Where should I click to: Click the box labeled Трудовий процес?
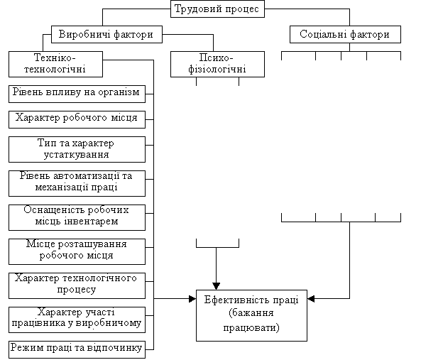(217, 9)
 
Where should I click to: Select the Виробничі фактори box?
(106, 35)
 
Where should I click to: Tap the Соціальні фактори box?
(345, 35)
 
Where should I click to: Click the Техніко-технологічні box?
(55, 64)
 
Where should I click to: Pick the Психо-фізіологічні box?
(217, 64)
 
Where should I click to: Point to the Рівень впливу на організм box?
(77, 94)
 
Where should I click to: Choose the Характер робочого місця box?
(77, 119)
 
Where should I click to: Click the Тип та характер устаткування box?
(77, 150)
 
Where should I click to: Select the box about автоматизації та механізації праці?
(77, 183)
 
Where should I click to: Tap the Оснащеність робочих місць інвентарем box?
(77, 217)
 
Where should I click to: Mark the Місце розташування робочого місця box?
(77, 252)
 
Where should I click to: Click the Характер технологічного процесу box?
(77, 285)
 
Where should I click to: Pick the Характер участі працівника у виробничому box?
(77, 320)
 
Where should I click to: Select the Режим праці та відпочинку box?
(77, 350)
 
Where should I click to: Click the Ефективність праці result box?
(251, 316)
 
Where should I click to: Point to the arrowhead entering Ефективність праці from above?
(216, 286)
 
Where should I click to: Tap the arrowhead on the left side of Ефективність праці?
(192, 299)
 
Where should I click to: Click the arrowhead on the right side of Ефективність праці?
(311, 299)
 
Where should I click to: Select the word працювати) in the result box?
(251, 328)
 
